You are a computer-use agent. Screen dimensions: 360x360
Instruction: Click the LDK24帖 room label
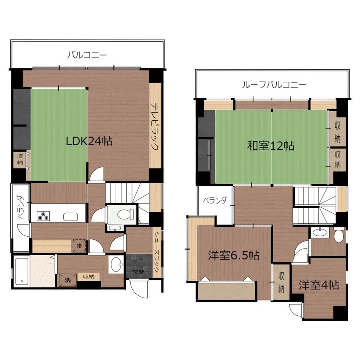coord(89,141)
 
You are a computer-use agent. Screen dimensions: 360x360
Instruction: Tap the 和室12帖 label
coord(271,146)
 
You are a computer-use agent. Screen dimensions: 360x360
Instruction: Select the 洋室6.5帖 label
coord(234,255)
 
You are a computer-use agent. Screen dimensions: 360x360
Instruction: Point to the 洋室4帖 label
coord(319,285)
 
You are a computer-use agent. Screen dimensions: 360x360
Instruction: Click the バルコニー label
coord(87,55)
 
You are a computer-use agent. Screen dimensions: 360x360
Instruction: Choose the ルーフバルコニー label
coord(274,85)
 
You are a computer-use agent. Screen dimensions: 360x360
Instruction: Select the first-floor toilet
coord(126,214)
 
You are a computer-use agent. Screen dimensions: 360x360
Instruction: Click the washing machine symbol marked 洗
coord(68,280)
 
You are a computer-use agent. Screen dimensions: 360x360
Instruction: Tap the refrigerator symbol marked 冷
coord(80,245)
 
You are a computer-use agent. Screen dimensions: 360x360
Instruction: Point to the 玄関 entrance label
coord(139,272)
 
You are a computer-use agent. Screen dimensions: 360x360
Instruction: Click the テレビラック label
coord(156,127)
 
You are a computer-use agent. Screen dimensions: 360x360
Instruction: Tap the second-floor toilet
coord(339,235)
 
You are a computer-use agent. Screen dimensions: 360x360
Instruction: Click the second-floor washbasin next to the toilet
coord(320,232)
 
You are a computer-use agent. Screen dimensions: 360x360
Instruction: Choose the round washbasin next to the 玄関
coord(117,265)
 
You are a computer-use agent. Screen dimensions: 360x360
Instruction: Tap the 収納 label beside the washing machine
coord(89,276)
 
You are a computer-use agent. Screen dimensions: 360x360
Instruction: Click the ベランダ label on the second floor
coord(215,200)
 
